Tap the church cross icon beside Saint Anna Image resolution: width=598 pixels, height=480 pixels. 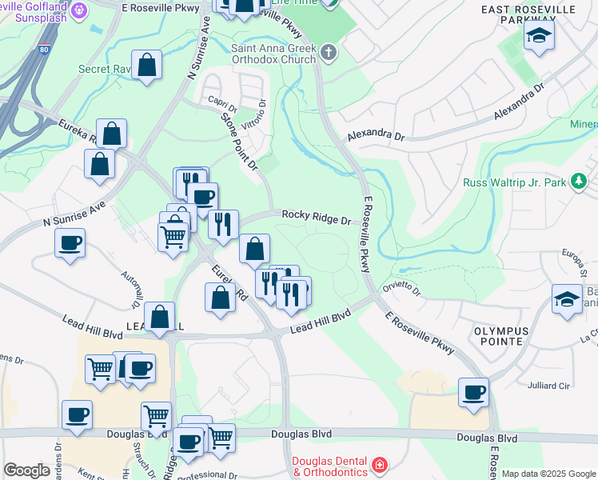point(328,53)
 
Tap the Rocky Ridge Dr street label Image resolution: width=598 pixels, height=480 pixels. point(316,218)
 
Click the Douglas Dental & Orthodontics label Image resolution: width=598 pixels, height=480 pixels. point(329,466)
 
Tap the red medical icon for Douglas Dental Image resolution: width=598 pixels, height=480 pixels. point(379,465)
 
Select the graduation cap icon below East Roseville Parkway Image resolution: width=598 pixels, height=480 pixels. point(540,36)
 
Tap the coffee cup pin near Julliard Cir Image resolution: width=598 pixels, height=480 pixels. point(473,393)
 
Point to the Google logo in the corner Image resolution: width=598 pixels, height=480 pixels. point(26,470)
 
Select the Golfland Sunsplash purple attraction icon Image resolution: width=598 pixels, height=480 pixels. point(79,10)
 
